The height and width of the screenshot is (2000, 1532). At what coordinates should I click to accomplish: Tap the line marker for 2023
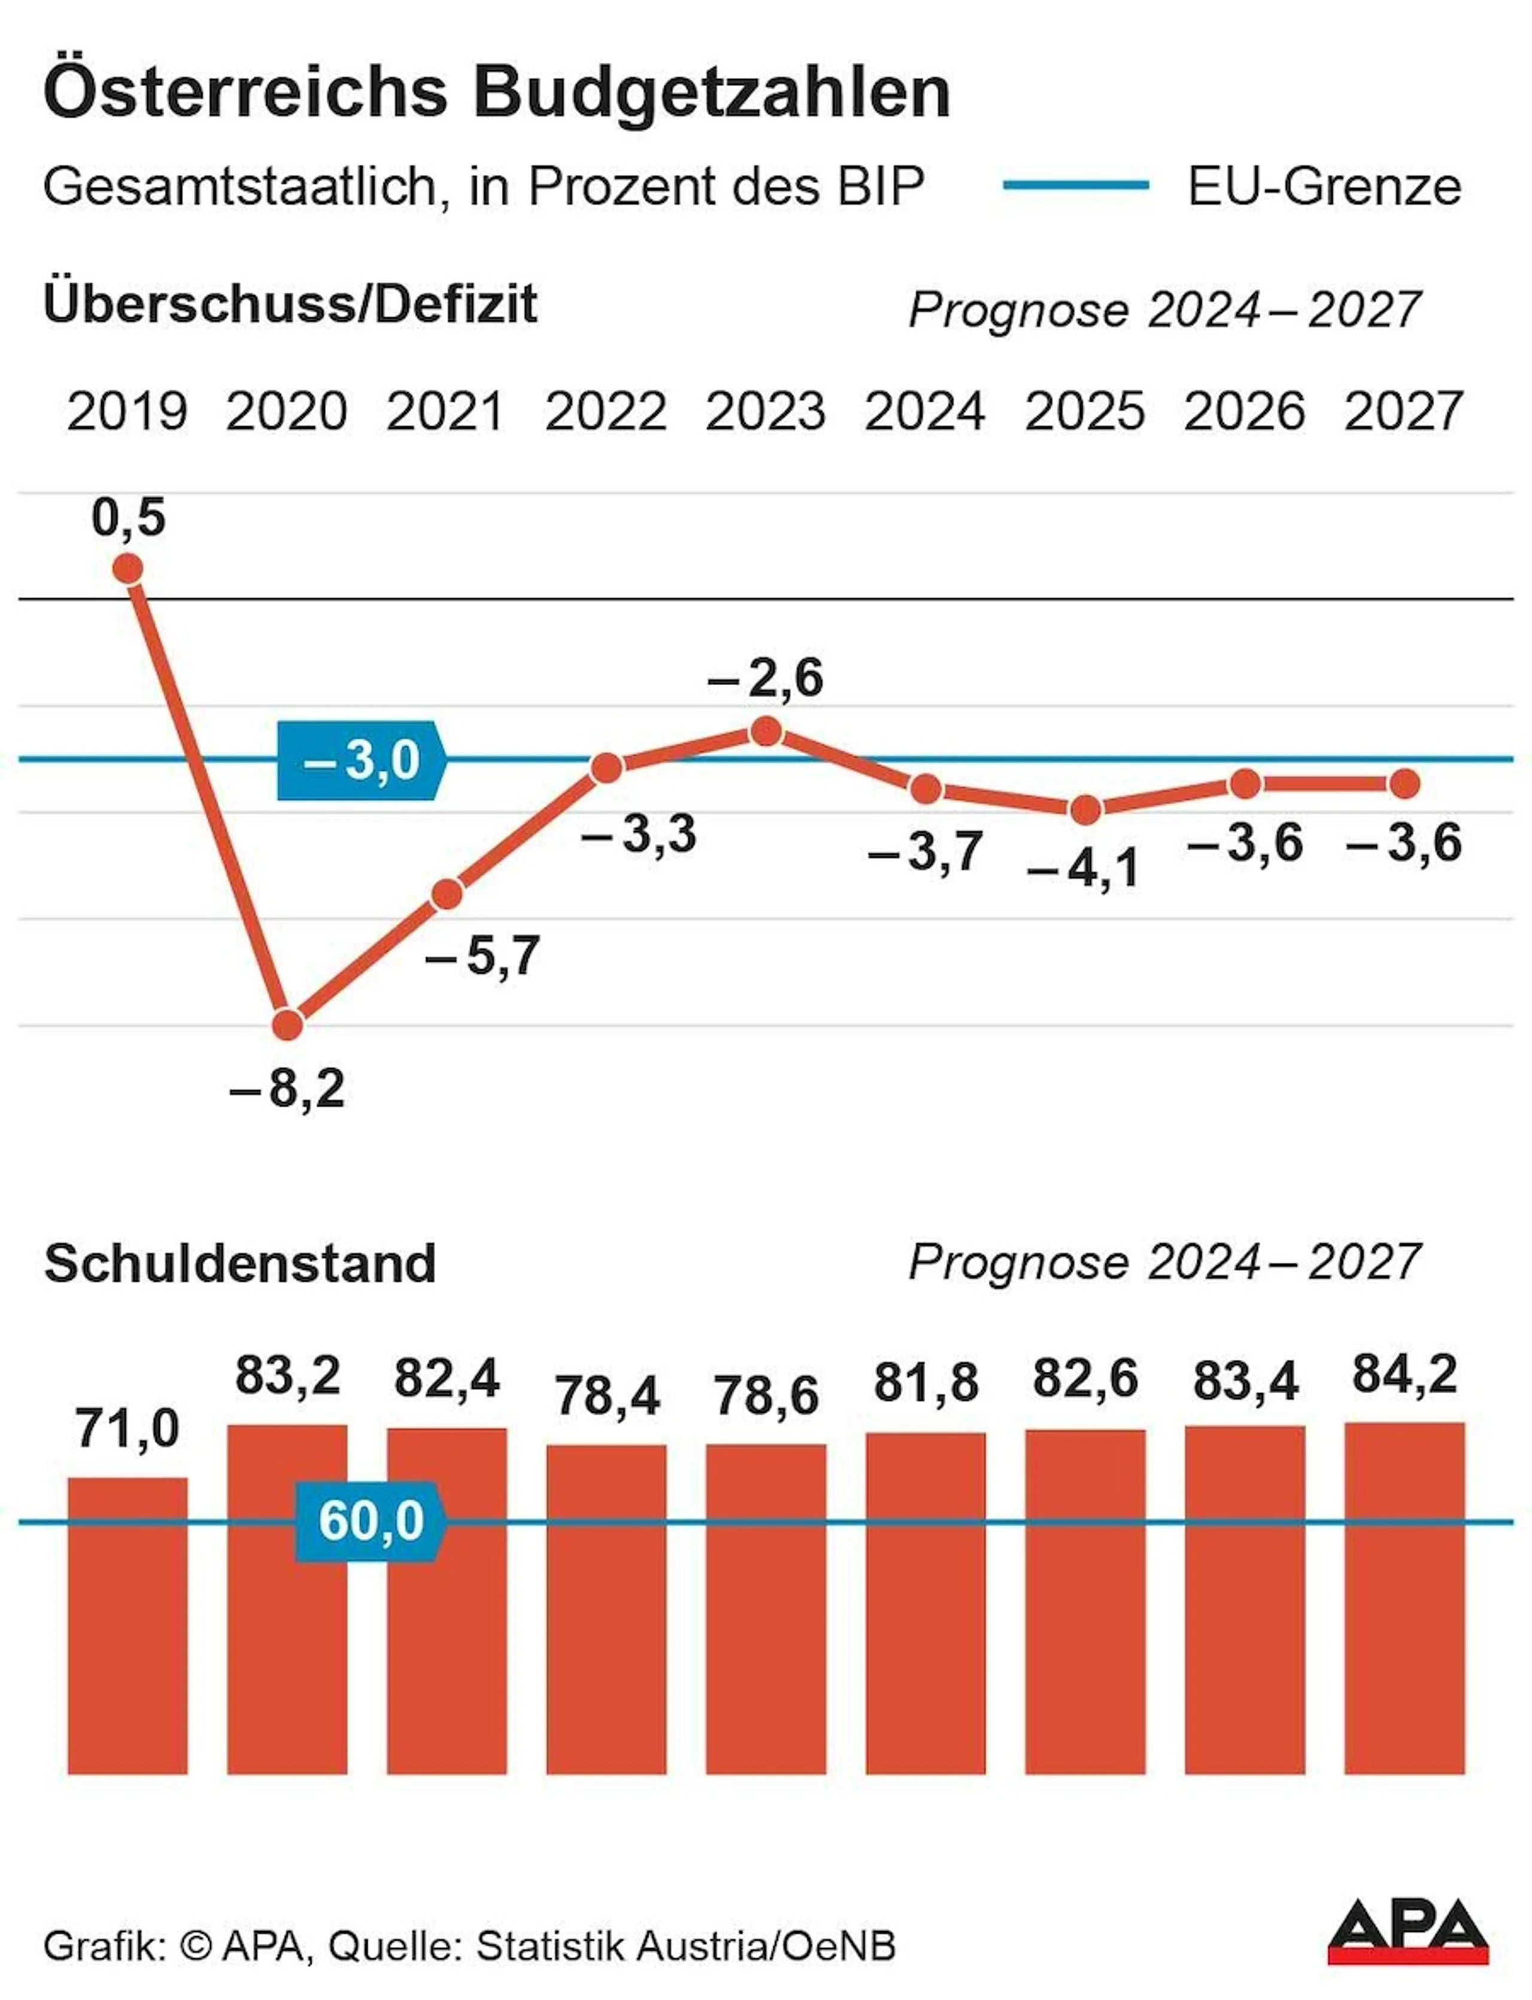point(767,731)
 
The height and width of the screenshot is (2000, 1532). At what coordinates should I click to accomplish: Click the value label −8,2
point(288,1089)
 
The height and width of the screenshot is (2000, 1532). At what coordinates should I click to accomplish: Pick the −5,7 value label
point(482,957)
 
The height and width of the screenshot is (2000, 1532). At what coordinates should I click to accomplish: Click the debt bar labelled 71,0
point(127,1626)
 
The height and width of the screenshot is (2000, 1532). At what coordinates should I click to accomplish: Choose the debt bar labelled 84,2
point(1405,1598)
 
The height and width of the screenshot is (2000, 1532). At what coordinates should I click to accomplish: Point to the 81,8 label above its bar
point(926,1382)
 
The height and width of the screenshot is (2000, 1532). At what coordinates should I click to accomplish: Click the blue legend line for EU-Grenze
point(1076,185)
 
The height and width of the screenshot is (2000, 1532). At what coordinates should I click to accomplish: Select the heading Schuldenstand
point(240,1264)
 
